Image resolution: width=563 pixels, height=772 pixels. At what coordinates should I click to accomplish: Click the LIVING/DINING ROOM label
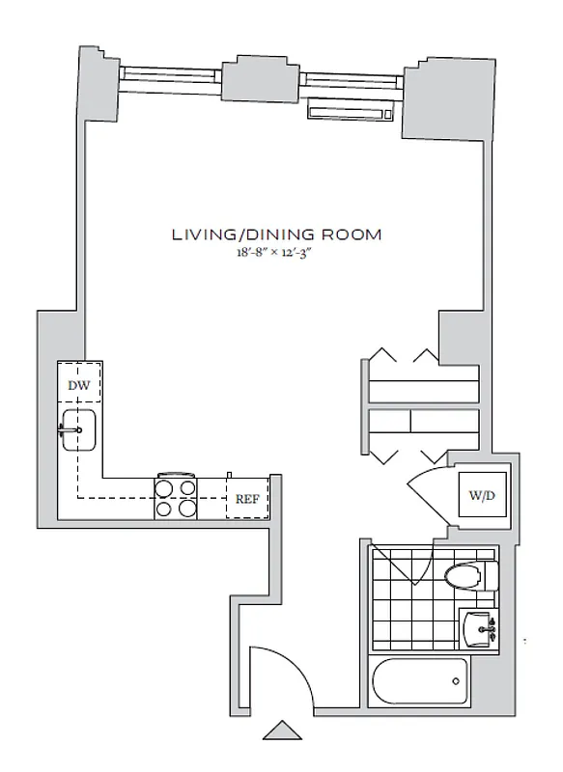click(277, 234)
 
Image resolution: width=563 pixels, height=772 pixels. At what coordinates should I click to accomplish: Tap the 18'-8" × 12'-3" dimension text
click(277, 254)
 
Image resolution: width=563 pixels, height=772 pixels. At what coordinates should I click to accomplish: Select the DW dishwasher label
click(79, 386)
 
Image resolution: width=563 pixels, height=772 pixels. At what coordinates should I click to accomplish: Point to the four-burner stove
click(177, 498)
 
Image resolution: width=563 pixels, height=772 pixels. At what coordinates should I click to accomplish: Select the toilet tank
click(491, 576)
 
